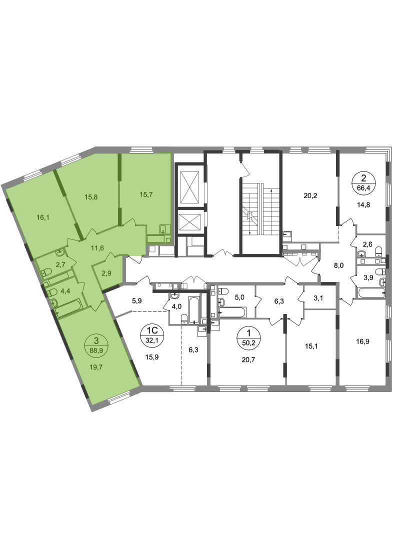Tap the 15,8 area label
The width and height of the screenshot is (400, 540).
[x=91, y=197]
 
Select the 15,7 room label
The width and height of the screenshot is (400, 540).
[x=146, y=194]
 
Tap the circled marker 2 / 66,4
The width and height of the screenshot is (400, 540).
[x=363, y=182]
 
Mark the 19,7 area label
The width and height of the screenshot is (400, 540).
[x=96, y=367]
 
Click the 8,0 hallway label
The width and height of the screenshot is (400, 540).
[x=338, y=265]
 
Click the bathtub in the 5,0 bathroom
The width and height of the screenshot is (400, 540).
[x=232, y=312]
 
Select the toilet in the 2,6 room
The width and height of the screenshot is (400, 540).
[x=378, y=250]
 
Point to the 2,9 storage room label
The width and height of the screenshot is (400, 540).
[x=107, y=274]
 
